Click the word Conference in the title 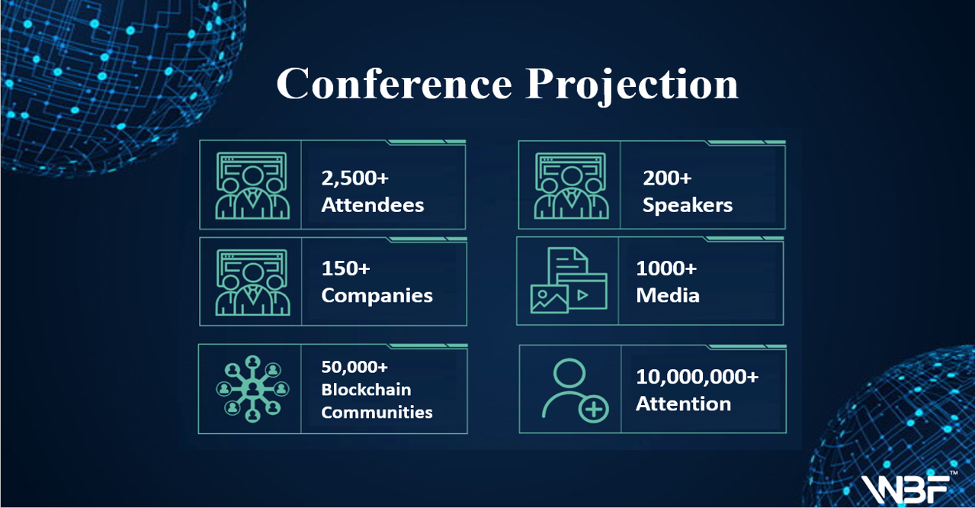click(394, 83)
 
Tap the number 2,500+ click(354, 178)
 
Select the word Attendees click(373, 205)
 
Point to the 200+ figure click(667, 178)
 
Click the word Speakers click(688, 205)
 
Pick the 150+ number click(345, 268)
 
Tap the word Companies click(377, 296)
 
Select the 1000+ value click(666, 268)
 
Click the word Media click(668, 295)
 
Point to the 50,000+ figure click(354, 368)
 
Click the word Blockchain click(366, 390)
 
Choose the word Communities click(377, 412)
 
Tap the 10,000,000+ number click(697, 377)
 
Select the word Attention click(683, 404)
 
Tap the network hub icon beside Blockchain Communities click(252, 389)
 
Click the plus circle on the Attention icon click(593, 409)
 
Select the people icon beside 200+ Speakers click(571, 185)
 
